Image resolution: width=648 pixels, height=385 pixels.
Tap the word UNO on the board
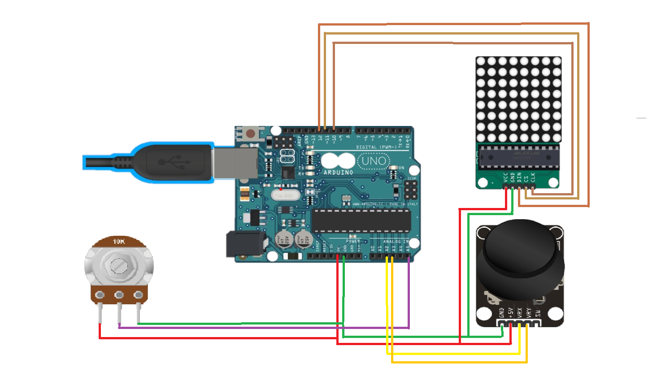click(x=374, y=161)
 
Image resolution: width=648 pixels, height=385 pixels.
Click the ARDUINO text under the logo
click(x=338, y=173)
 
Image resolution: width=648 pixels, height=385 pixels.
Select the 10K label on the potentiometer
click(x=119, y=242)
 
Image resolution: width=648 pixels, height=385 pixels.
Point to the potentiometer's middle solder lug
click(x=119, y=295)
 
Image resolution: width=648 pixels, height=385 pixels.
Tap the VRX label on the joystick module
click(x=520, y=312)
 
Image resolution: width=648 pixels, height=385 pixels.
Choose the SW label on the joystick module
click(x=538, y=312)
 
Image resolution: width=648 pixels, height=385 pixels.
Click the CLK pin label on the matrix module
click(x=533, y=177)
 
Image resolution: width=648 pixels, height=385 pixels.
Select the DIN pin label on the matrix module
click(x=520, y=177)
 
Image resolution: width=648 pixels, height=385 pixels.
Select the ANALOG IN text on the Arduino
click(x=396, y=242)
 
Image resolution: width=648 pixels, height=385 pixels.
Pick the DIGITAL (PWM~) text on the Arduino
click(x=376, y=147)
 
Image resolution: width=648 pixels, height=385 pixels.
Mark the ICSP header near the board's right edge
click(x=410, y=190)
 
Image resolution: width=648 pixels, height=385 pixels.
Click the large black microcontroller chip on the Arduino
click(x=361, y=220)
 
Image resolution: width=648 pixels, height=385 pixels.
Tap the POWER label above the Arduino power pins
click(x=352, y=241)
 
